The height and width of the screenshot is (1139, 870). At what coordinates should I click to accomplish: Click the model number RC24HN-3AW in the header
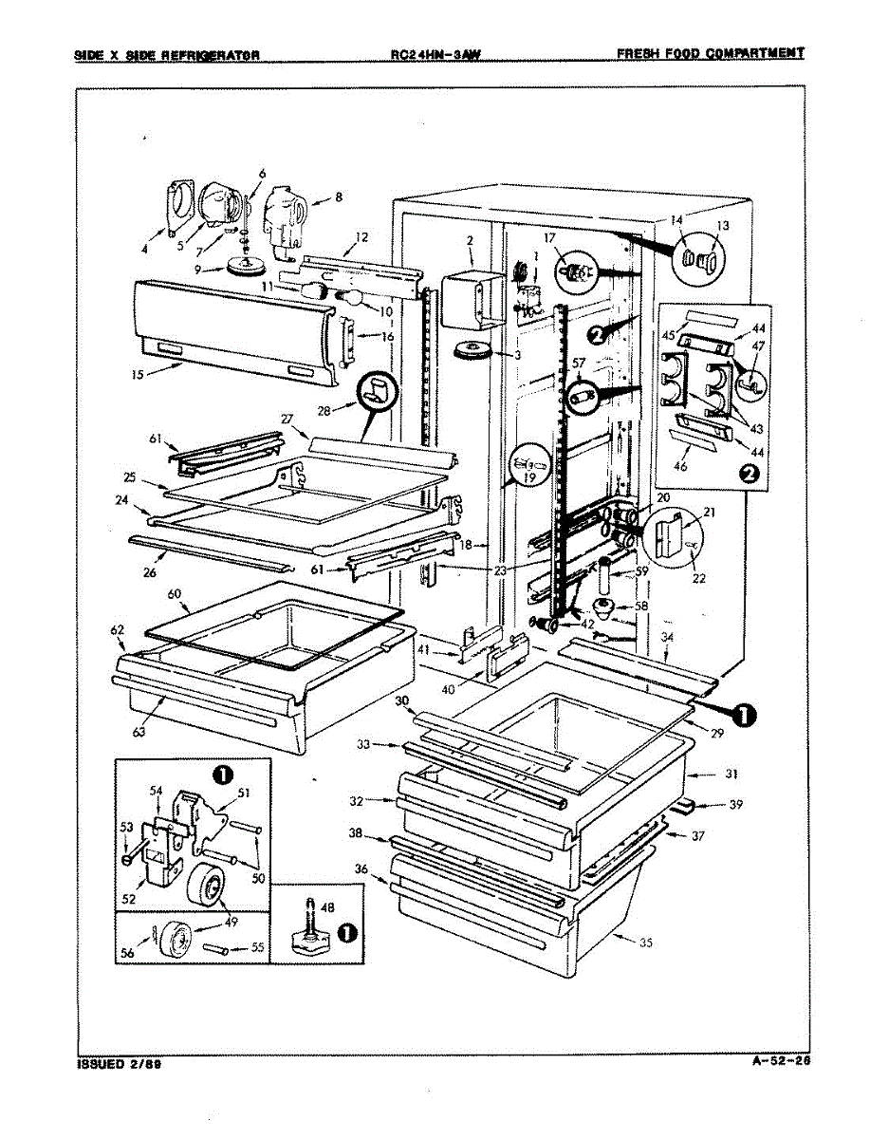(435, 54)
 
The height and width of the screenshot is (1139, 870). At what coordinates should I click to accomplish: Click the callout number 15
(139, 374)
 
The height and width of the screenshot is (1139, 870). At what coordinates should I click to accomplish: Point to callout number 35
(620, 943)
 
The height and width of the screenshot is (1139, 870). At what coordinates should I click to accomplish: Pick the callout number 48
(327, 907)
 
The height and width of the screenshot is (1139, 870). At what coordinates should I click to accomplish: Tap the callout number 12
(361, 236)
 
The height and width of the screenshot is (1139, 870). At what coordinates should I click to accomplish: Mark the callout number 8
(339, 198)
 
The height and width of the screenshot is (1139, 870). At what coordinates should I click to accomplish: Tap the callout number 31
(731, 774)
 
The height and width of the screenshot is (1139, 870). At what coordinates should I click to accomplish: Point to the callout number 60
(175, 593)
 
